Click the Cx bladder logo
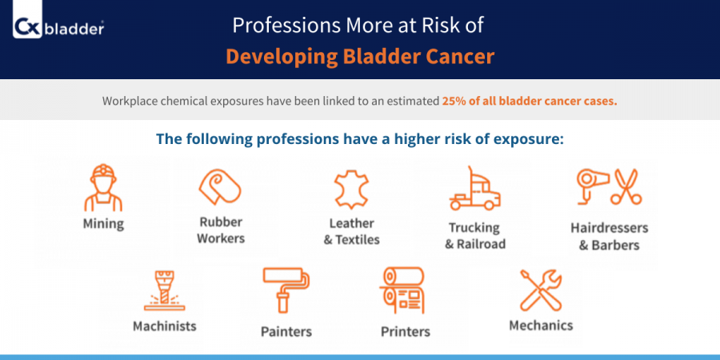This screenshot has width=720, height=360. click(58, 28)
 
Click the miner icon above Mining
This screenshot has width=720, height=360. click(103, 188)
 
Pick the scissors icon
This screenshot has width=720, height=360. click(626, 186)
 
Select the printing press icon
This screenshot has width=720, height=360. click(402, 290)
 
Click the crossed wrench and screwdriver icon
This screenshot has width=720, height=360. click(541, 290)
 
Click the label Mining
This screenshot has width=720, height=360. click(103, 225)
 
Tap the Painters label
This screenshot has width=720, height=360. click(286, 331)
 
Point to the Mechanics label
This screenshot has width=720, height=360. click(541, 326)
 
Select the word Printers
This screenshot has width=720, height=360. click(406, 331)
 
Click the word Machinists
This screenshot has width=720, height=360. click(164, 326)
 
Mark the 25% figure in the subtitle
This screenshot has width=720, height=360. click(452, 101)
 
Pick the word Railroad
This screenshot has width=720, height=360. click(481, 244)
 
